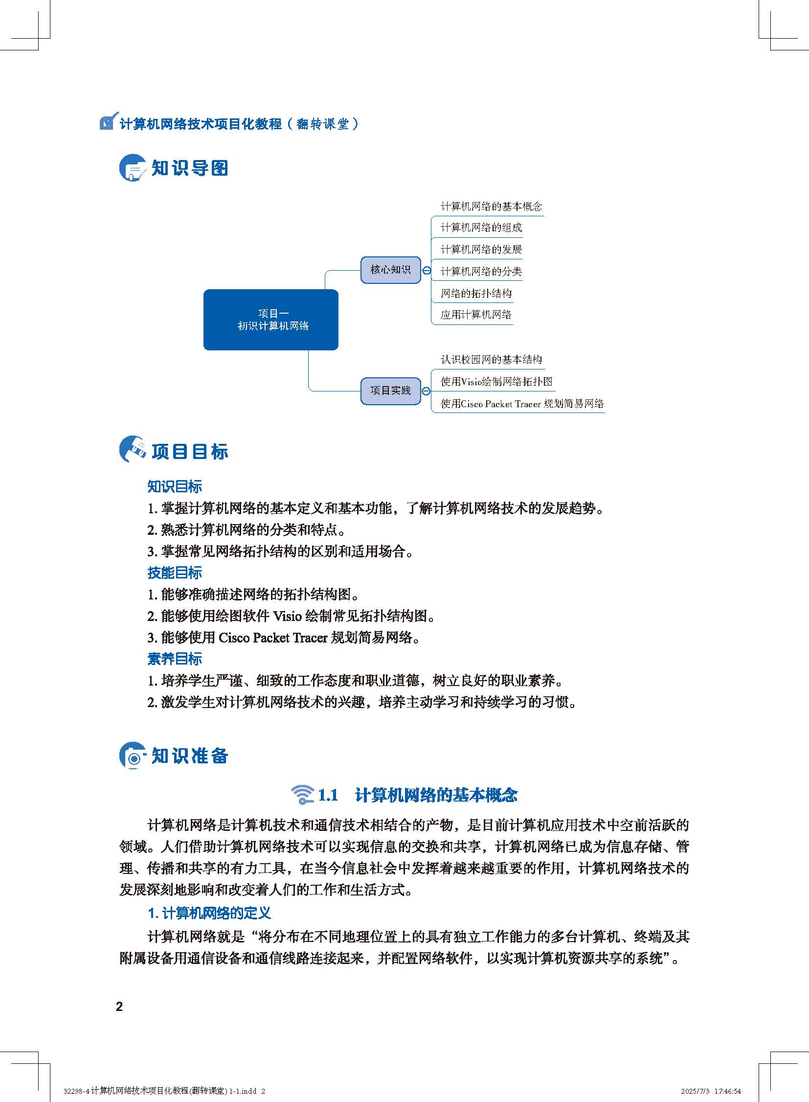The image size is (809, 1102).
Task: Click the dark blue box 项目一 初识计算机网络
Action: [x=271, y=320]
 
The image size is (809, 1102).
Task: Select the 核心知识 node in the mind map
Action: [x=390, y=270]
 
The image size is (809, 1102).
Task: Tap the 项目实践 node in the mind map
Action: [x=390, y=390]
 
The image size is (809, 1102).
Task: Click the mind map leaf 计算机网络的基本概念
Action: [x=491, y=207]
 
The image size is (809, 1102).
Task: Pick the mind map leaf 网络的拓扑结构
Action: [x=476, y=294]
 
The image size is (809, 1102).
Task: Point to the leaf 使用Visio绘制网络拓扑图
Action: [x=496, y=382]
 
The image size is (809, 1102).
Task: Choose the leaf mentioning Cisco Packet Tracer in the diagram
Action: [x=521, y=404]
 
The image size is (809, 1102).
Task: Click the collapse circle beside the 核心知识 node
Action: [x=427, y=271]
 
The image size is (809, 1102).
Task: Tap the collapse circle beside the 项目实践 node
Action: [x=426, y=391]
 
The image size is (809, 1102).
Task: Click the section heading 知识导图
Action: [x=189, y=168]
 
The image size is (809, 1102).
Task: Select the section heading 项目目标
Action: [x=189, y=451]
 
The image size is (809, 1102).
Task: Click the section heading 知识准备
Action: [x=189, y=756]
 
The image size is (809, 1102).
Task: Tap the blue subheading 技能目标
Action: [x=174, y=573]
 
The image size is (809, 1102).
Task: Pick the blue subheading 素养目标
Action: [x=174, y=659]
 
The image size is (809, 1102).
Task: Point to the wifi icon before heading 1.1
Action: [x=302, y=795]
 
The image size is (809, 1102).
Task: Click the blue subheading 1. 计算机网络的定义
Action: [x=209, y=913]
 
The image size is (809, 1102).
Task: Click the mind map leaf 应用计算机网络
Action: [x=475, y=315]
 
